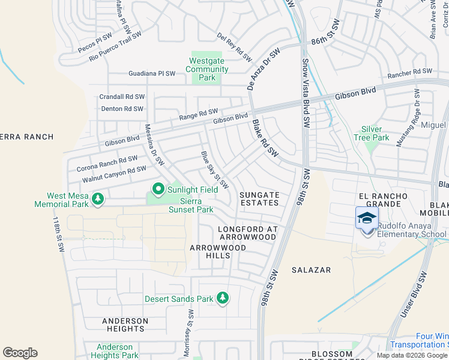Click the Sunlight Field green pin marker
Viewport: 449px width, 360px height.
(158, 190)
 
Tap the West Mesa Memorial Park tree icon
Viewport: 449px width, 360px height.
(97, 198)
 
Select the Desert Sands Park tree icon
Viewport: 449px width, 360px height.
(223, 298)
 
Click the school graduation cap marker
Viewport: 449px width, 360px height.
(367, 219)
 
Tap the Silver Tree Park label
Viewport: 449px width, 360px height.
(376, 133)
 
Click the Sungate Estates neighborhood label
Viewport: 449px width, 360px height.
(259, 199)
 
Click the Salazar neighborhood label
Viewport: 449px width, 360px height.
(312, 271)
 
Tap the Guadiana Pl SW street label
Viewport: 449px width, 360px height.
(152, 74)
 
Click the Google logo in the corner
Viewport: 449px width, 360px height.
(20, 353)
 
